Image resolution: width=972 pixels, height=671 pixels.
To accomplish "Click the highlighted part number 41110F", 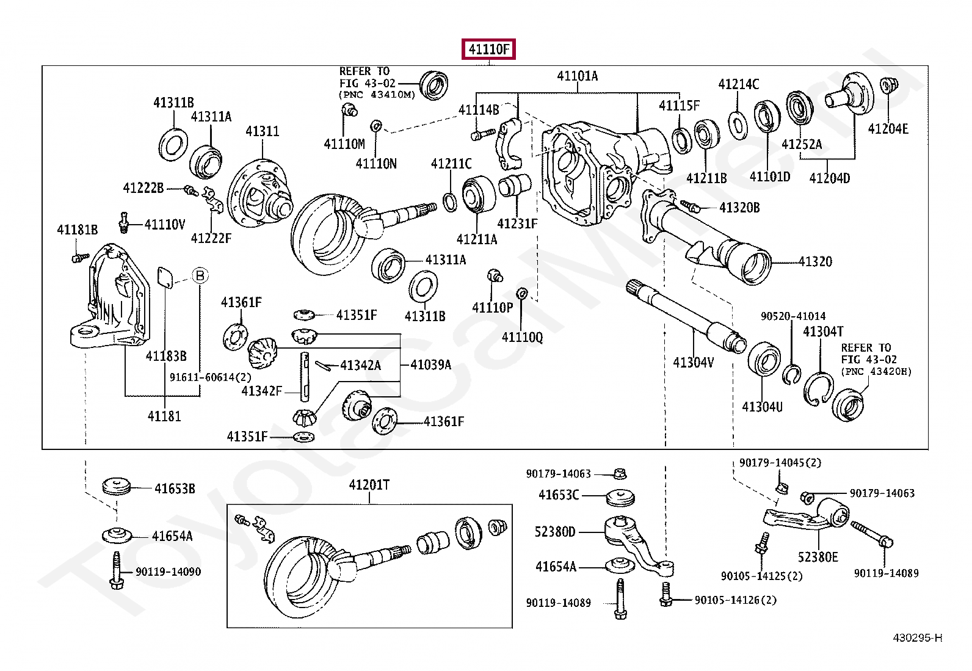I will pos(489,49).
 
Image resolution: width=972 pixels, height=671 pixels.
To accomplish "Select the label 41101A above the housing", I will pos(577,76).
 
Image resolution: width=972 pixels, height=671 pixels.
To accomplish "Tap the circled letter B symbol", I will pos(200,276).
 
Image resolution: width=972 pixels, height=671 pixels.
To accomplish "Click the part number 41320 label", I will pos(815,262).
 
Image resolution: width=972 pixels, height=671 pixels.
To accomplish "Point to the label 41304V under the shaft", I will pos(693,363).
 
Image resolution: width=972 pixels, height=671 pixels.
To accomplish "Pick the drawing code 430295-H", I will pos(917,638).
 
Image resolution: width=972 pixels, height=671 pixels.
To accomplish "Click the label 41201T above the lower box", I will pos(369,485).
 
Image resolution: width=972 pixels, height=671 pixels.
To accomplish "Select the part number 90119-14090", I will pos(168,572).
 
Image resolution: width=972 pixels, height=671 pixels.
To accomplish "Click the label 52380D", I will pos(554,532).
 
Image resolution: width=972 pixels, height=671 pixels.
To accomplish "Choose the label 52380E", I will pos(818,557).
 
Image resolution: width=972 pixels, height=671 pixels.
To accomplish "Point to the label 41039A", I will pos(430,365).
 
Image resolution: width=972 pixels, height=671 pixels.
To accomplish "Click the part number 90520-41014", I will pos(792,316).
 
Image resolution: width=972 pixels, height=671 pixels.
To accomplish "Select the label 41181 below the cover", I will pos(164,416).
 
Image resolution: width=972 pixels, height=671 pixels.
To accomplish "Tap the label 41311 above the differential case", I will pos(262,131).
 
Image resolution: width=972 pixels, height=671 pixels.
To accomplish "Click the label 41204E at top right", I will pos(888,129).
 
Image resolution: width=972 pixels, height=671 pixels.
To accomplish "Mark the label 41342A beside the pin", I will pos(360,365).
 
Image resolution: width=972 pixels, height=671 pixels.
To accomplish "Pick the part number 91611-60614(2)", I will pos(210,377).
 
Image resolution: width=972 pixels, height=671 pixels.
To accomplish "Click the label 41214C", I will pos(738,84).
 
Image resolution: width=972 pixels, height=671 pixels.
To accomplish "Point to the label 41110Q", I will pos(522,337).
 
